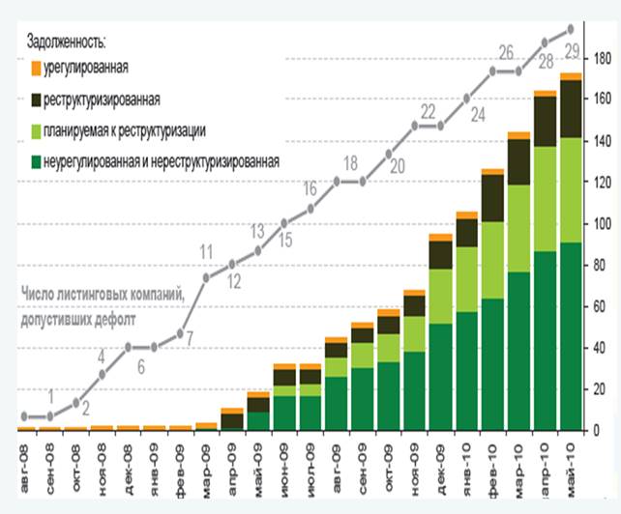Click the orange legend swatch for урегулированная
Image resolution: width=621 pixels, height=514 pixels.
pos(36,69)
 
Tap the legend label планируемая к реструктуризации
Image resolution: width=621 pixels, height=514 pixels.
pos(125,130)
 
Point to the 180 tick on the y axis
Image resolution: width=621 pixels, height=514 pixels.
pos(603,59)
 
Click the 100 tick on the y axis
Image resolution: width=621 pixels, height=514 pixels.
pos(603,224)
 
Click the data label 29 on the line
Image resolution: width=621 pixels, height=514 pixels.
pos(571,49)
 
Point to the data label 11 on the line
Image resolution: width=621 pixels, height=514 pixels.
pos(206,253)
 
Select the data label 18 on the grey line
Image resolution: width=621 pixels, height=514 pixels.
pos(350,161)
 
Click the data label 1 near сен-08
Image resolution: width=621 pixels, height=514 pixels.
pos(50,394)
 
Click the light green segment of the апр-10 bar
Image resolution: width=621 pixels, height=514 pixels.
pos(545,199)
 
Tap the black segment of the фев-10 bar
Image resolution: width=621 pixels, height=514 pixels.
pos(493,198)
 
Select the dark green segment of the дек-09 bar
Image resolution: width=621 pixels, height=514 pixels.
pos(441,377)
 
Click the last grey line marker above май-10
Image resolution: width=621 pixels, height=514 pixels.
pos(571,28)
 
